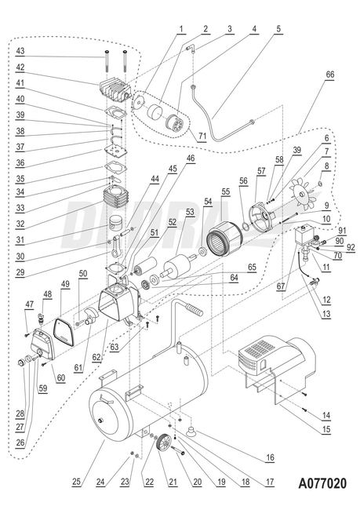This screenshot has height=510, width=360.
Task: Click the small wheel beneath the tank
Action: click(165, 443)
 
